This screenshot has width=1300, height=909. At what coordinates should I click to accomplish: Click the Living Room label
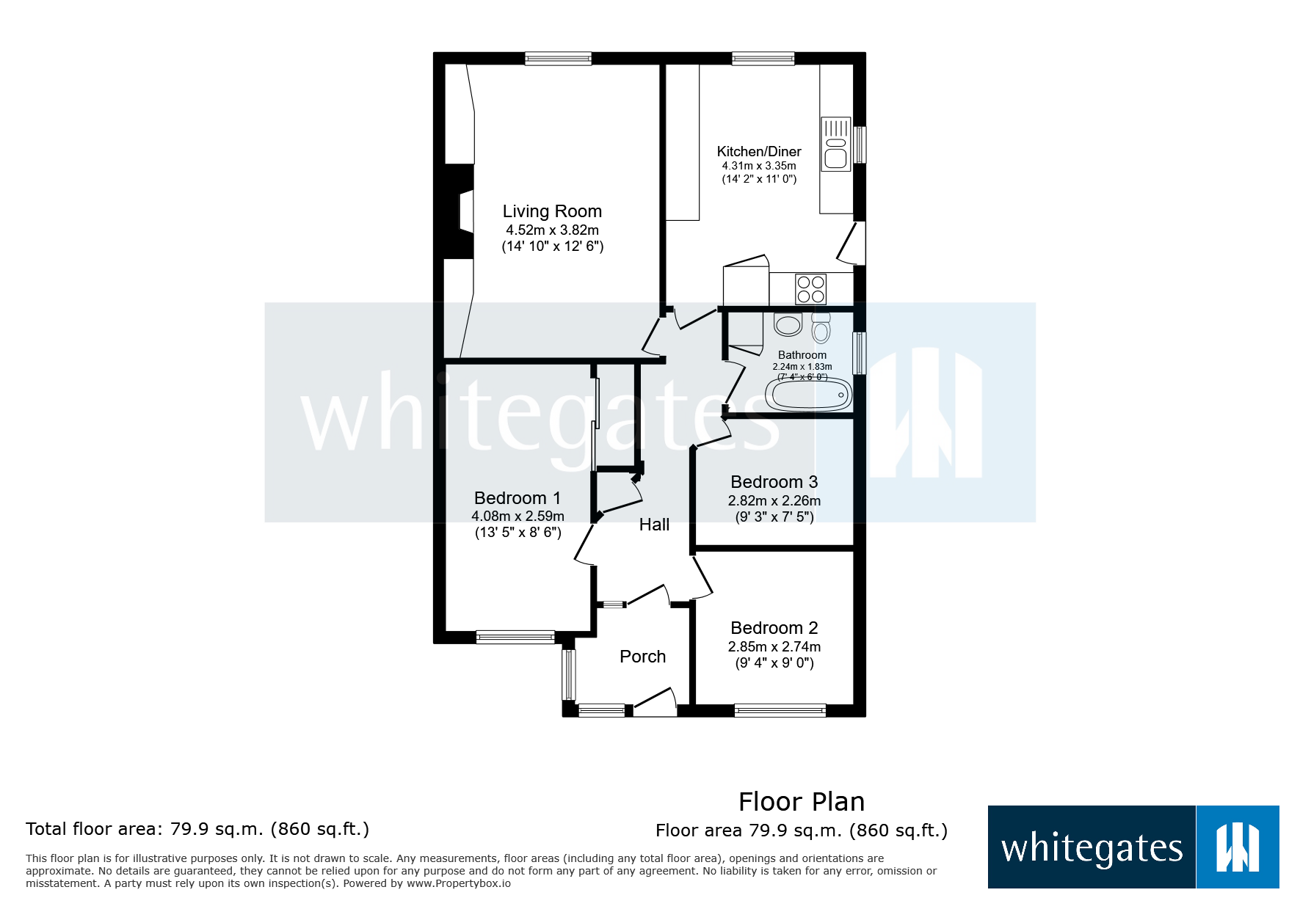(x=552, y=211)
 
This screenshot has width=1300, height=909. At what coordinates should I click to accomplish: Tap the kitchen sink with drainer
(x=835, y=144)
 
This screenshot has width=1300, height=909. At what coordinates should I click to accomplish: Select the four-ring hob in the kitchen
(x=810, y=288)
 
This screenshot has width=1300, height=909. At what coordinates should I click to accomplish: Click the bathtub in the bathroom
(x=808, y=395)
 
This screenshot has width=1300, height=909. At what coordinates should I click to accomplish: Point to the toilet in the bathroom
(x=821, y=328)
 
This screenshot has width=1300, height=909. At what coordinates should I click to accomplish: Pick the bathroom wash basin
(x=788, y=324)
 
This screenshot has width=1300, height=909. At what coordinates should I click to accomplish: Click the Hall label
(x=654, y=525)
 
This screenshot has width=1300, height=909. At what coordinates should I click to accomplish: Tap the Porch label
(x=642, y=657)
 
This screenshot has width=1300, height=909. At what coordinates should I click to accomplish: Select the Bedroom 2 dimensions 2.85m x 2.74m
(x=774, y=647)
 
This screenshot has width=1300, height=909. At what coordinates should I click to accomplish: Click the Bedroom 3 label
(x=774, y=482)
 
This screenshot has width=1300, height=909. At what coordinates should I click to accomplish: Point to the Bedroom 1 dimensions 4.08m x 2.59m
(x=518, y=516)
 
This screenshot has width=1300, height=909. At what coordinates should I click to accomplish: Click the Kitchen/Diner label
(x=759, y=151)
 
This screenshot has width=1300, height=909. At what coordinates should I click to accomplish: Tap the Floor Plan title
(x=802, y=802)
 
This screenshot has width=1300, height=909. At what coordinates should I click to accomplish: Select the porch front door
(x=654, y=703)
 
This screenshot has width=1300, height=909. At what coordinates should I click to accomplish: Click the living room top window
(x=558, y=59)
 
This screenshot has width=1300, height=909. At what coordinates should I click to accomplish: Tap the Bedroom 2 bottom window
(x=780, y=710)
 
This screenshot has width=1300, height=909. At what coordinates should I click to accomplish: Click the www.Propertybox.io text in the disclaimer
(x=459, y=883)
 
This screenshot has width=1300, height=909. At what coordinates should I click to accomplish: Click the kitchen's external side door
(x=852, y=243)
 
